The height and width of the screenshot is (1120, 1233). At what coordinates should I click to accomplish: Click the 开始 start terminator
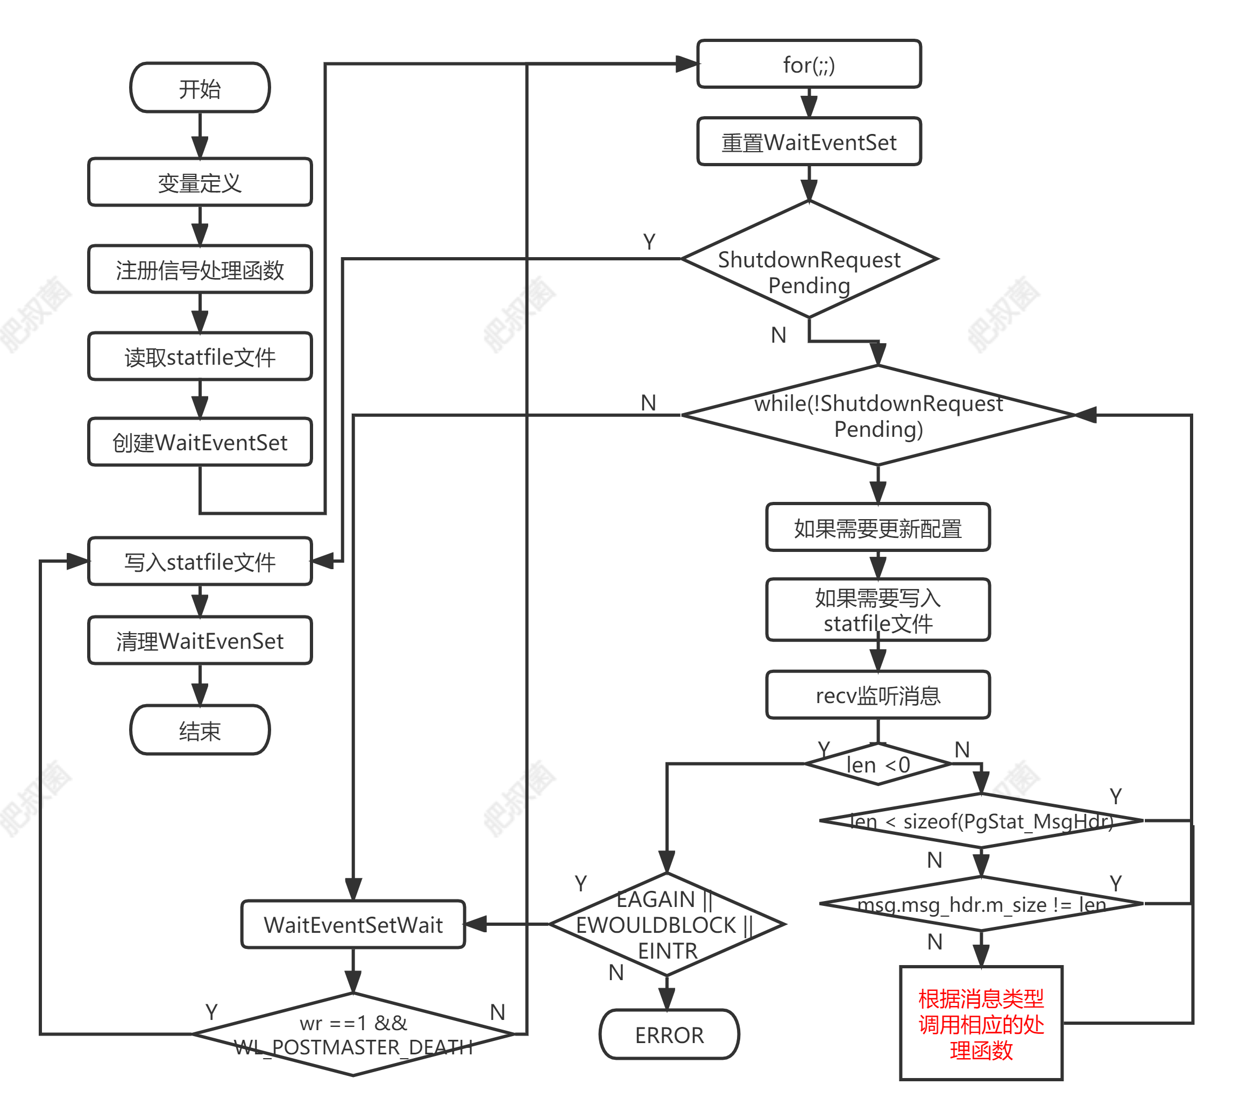(200, 88)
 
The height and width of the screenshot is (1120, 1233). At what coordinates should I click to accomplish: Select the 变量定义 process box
(200, 182)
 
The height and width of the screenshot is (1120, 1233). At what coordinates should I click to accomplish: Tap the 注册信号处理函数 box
(200, 270)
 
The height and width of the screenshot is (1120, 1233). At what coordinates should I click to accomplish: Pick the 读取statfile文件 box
(200, 357)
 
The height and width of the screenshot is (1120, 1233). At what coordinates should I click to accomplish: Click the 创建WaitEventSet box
(200, 442)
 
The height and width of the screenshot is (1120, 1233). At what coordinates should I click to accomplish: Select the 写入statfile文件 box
(200, 562)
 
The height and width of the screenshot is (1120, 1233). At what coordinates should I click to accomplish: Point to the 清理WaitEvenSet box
(200, 641)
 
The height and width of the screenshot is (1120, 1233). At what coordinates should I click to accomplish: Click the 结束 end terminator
(200, 731)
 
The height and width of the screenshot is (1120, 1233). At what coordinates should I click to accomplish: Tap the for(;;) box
(809, 64)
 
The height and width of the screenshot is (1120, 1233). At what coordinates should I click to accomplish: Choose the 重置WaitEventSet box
(809, 142)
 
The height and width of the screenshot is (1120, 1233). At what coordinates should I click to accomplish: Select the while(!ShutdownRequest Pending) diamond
(878, 416)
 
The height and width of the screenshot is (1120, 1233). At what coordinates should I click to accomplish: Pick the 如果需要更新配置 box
(878, 528)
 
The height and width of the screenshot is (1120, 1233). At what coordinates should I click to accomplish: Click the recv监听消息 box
(878, 695)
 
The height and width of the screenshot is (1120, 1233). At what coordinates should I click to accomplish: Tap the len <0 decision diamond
(878, 764)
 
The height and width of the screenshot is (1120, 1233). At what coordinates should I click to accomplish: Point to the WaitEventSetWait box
(353, 924)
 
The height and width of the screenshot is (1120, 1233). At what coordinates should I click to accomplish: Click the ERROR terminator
(669, 1035)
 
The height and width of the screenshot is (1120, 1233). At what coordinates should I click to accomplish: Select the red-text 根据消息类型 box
(981, 1023)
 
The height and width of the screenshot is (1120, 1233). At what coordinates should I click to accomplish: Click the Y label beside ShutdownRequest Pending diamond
(649, 242)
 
